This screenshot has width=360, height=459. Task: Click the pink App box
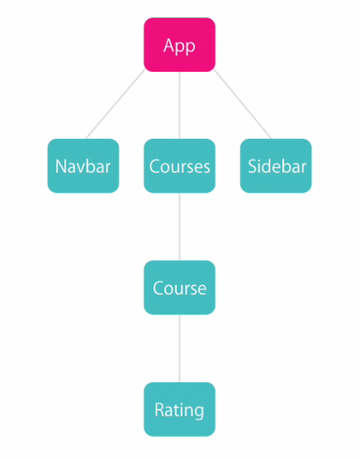pos(179,45)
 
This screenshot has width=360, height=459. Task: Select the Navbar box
pos(83,166)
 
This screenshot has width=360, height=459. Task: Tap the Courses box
pos(179,166)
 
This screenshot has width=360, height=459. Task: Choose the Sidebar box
pos(276,166)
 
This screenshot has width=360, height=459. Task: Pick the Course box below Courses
pos(179,287)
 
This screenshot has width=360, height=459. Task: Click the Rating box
pos(179,409)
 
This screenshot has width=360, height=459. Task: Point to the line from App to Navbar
pos(116,104)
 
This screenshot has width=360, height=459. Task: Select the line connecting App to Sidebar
pos(243,104)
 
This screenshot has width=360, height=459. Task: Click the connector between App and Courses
pos(179,106)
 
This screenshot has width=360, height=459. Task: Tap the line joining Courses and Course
pos(179,227)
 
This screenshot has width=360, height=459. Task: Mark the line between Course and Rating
pos(179,348)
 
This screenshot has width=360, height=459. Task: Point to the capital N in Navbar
pos(60,166)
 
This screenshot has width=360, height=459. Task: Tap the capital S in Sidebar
pos(253,166)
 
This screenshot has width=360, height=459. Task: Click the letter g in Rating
pos(198,412)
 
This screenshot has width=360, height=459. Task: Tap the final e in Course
pos(201,290)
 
